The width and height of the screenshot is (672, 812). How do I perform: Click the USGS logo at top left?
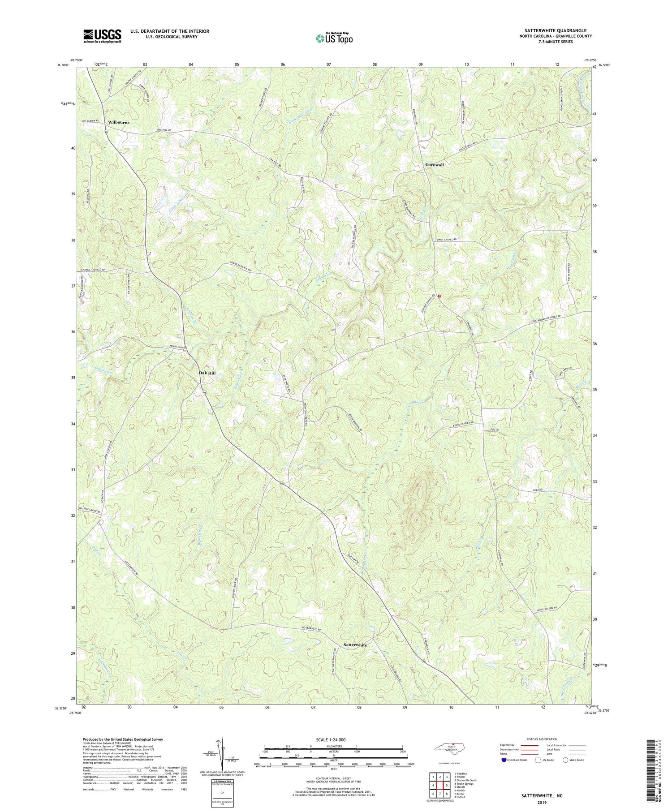[102, 36]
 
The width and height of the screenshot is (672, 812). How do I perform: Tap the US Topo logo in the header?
[334, 38]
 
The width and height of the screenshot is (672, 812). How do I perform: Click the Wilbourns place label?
[119, 122]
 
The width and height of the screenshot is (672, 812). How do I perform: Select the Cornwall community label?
[434, 165]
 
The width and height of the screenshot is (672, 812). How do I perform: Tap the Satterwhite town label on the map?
[355, 645]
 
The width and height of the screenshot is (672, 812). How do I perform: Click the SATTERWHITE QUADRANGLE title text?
[549, 30]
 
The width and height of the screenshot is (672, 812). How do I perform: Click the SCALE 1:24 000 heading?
[333, 739]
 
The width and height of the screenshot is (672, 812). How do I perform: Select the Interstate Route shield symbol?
[504, 760]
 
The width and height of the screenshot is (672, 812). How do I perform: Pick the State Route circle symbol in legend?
[566, 760]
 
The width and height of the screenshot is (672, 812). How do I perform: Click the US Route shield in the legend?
[538, 760]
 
